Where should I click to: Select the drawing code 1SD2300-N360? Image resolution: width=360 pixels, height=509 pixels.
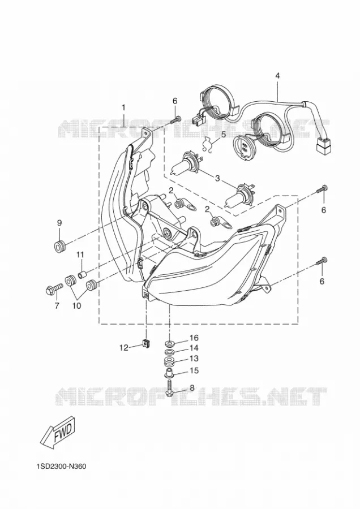coord(61,467)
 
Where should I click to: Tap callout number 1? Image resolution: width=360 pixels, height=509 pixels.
coord(123,107)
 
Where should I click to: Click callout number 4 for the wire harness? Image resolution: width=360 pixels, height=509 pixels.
coord(277,76)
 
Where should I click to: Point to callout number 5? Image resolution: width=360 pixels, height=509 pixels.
coord(223,133)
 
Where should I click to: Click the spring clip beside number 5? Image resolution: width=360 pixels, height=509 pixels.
coord(207,144)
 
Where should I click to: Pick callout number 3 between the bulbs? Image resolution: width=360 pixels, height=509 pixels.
coord(217,178)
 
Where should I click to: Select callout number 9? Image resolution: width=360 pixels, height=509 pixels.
coord(59,223)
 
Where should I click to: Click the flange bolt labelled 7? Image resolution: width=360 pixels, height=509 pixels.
coord(54,288)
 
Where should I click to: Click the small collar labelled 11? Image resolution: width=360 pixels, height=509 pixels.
coord(82,275)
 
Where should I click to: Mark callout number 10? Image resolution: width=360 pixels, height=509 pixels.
coord(76,305)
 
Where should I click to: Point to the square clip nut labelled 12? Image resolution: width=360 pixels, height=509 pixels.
coord(147,343)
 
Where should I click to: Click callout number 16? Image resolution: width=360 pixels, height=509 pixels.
coord(194,338)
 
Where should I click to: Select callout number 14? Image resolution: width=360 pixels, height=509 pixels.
coord(194,348)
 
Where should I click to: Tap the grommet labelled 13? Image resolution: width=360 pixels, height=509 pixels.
coord(169,361)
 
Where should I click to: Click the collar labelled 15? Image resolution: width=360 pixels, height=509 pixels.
coord(169,373)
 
